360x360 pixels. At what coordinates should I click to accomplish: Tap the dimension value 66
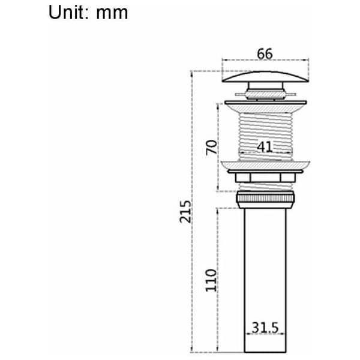pos(265,54)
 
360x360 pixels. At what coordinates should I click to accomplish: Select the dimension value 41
pos(265,147)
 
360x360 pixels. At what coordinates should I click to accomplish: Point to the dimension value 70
pos(211,148)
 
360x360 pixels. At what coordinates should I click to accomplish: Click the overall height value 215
pos(185,212)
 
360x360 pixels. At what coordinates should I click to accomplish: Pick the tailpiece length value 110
pos(211,280)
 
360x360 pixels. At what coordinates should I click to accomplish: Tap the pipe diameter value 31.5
pos(265,328)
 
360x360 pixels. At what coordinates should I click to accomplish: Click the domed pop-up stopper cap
pos(265,76)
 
